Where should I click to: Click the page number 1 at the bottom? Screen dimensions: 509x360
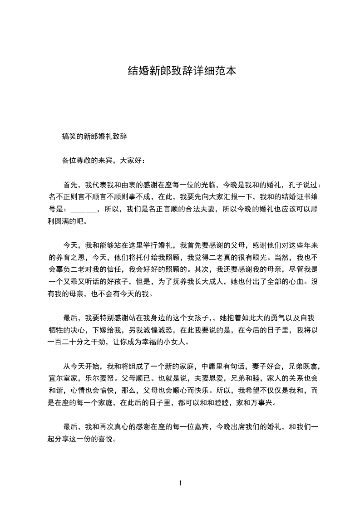(x=180, y=483)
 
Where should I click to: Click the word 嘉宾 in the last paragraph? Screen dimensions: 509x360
(x=201, y=426)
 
